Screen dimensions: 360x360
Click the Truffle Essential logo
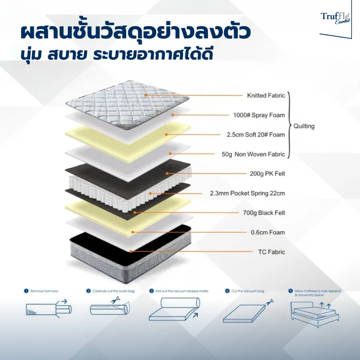(x=334, y=18)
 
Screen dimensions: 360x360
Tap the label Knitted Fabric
(x=266, y=96)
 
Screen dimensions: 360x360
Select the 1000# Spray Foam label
(x=259, y=115)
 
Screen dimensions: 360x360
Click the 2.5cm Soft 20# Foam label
(x=256, y=135)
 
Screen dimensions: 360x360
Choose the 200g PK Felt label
(x=268, y=174)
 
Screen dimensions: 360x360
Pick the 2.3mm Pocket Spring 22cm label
(x=247, y=193)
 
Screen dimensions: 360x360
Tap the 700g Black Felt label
(x=264, y=213)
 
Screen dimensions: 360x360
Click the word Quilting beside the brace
(x=304, y=126)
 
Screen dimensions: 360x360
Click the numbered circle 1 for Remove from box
(x=26, y=291)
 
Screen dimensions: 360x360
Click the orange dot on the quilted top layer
(x=146, y=95)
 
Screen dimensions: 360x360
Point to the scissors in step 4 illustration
(x=269, y=302)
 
